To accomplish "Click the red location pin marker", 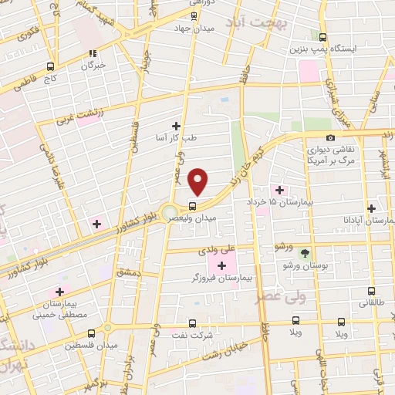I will coord(198,182).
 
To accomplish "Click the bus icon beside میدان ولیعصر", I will coord(192,206).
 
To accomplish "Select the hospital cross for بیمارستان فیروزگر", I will coord(222,265).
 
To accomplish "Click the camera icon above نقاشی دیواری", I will coord(330,137).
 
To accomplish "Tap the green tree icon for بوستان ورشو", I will coord(305,253).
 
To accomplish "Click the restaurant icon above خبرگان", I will coord(93,54).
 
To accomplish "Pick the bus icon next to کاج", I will coord(51,66).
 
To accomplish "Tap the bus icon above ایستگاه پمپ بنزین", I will coord(322,36).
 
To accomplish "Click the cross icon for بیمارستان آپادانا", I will coord(372,208).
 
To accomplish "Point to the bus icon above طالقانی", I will coord(372,292).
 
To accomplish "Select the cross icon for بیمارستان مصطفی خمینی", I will coord(59,292).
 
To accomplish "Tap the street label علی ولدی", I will coord(237,251).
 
